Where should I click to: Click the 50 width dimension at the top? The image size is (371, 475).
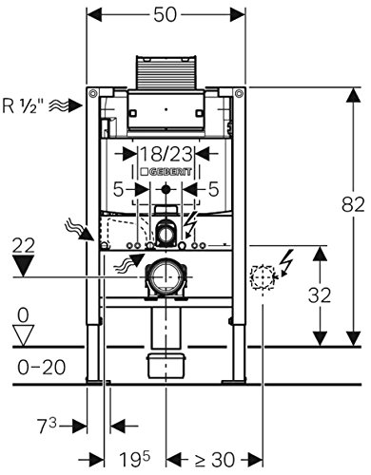[x=165, y=14]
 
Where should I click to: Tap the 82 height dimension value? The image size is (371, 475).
[x=353, y=204]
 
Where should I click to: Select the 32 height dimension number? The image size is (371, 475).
[x=320, y=295]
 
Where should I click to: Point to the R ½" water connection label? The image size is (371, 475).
[x=23, y=105]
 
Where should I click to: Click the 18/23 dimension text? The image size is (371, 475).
[x=166, y=155]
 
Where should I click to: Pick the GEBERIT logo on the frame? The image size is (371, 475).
[x=166, y=172]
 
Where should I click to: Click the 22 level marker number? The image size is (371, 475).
[x=23, y=245]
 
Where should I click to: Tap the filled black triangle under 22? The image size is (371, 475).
[x=23, y=266]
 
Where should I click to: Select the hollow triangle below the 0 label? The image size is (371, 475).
[x=24, y=335]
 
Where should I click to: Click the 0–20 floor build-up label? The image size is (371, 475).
[x=42, y=368]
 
